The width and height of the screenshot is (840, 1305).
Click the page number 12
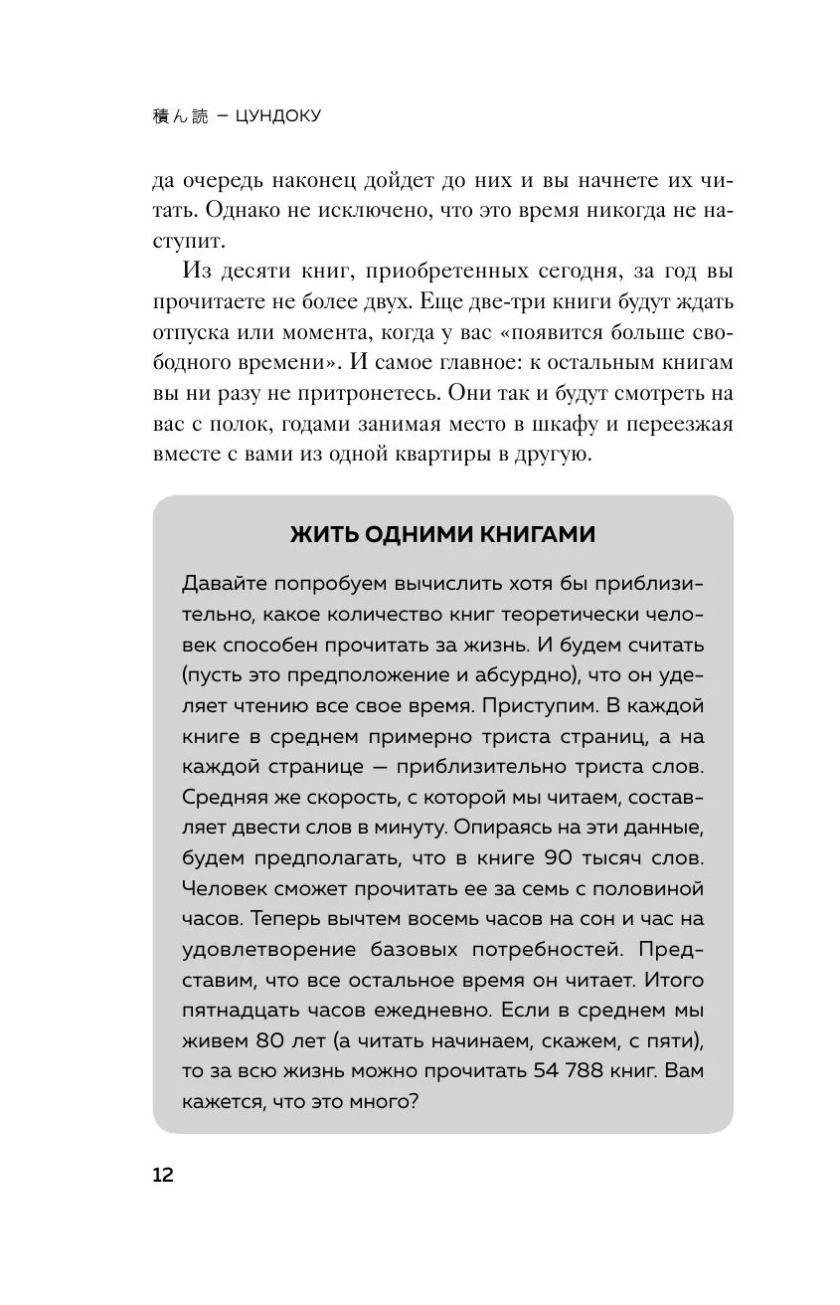click(x=163, y=1174)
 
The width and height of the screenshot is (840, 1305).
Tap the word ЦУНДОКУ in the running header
click(x=279, y=116)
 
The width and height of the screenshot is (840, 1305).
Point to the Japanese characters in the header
click(x=178, y=116)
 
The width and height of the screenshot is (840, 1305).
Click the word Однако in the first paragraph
click(x=252, y=211)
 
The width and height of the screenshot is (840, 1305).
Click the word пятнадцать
click(x=235, y=1012)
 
